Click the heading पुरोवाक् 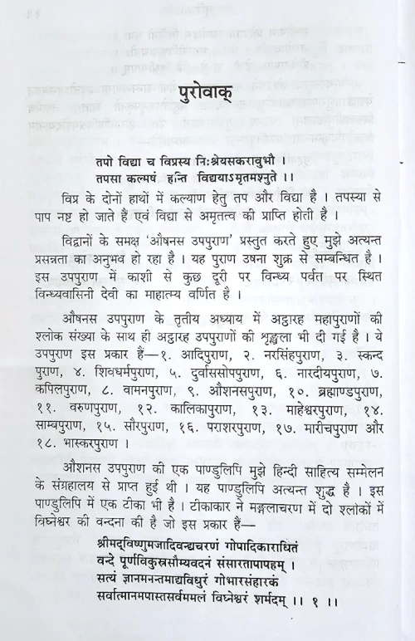206,91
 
